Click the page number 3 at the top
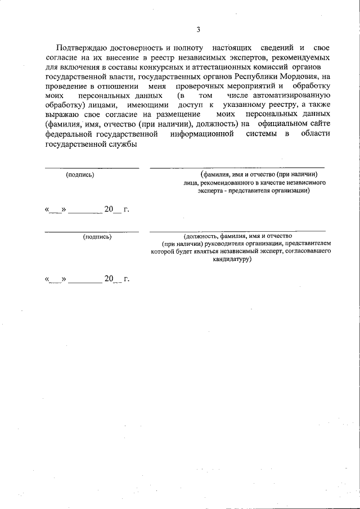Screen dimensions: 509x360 pos(198,30)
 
